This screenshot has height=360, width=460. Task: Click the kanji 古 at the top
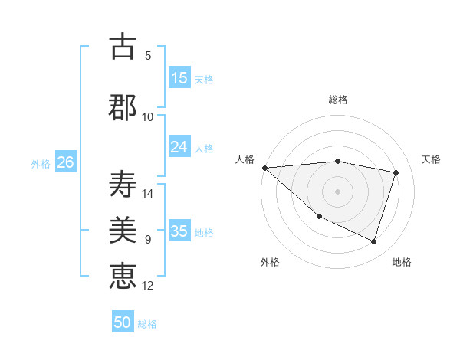[123, 47]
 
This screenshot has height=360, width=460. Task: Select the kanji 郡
[123, 107]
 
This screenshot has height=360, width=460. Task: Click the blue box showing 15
[179, 78]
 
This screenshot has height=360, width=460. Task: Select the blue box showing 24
[179, 147]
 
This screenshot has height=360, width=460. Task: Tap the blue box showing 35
[179, 231]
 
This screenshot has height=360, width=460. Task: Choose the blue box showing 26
[65, 162]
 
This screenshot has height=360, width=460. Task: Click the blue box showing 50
[123, 322]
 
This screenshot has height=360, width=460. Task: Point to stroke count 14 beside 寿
[149, 194]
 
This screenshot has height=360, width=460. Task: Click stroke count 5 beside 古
[148, 56]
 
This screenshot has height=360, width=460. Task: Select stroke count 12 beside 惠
[149, 286]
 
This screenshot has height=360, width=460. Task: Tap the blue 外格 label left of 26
[41, 163]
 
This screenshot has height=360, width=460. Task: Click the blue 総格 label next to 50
[147, 324]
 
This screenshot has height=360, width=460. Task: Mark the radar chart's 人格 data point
[264, 168]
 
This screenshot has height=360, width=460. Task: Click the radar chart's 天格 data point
[396, 172]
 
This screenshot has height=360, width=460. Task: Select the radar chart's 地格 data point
[373, 241]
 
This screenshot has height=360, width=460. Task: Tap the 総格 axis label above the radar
[337, 100]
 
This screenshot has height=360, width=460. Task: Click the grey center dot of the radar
[337, 191]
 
